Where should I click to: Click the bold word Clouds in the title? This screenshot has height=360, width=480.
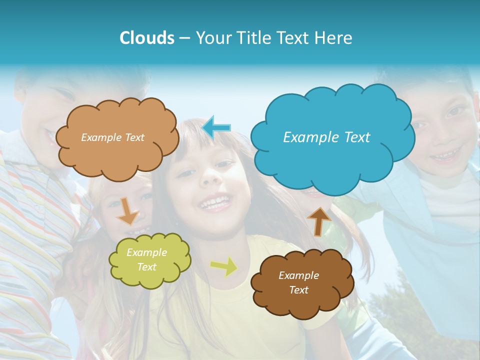click(x=147, y=38)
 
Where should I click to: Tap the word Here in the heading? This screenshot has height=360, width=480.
click(x=334, y=38)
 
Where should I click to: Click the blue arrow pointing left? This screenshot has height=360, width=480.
click(x=216, y=127)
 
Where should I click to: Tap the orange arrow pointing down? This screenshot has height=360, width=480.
click(x=128, y=210)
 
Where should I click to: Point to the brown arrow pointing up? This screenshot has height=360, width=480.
click(x=319, y=221)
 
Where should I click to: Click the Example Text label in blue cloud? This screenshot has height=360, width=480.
click(x=326, y=137)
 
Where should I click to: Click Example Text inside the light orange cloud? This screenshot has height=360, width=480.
click(x=112, y=137)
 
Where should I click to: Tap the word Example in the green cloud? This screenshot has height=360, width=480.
click(x=146, y=252)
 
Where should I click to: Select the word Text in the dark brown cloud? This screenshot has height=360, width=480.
click(x=299, y=290)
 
